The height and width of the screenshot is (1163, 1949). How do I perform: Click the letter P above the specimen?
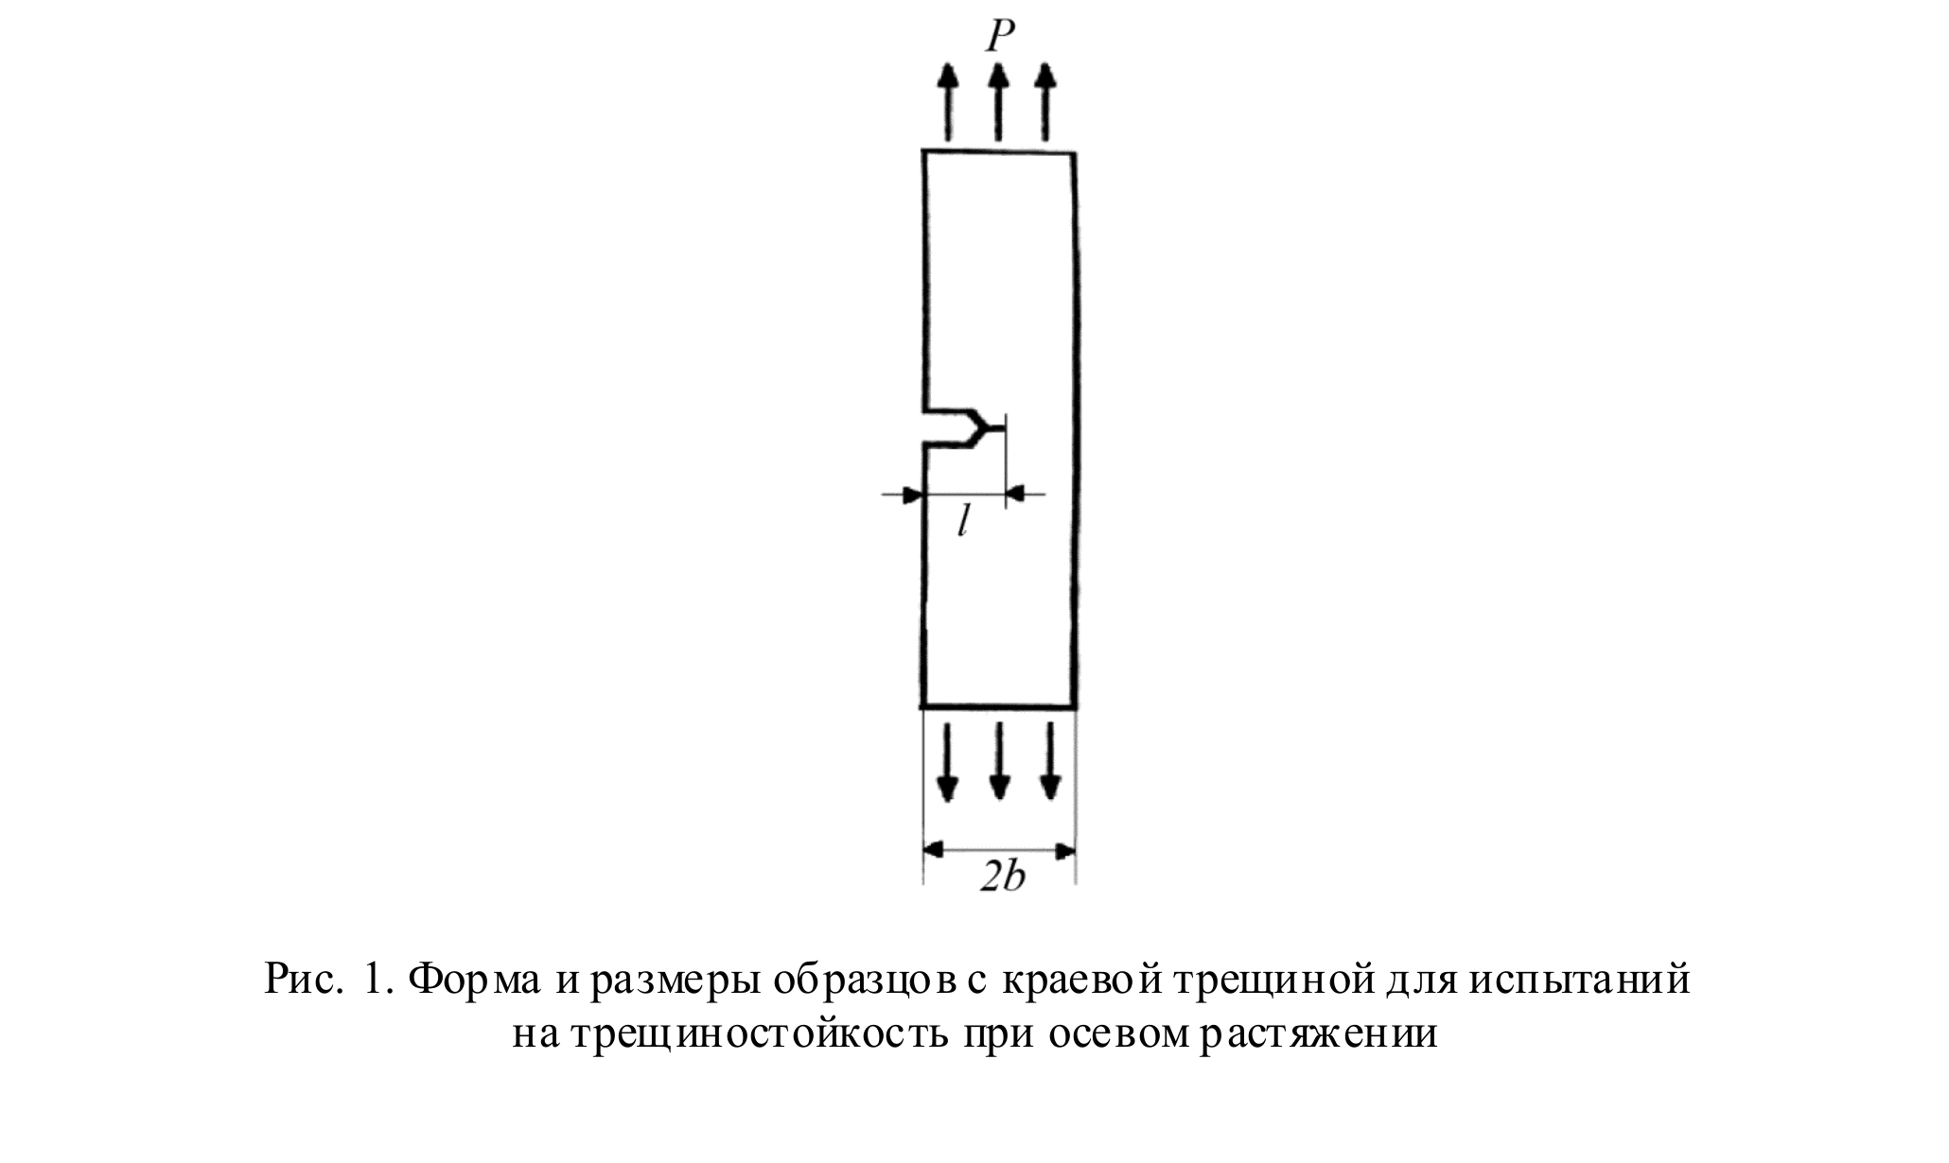click(x=999, y=36)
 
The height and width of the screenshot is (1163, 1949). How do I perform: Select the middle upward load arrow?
click(x=996, y=101)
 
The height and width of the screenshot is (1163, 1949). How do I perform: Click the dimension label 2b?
click(x=1002, y=877)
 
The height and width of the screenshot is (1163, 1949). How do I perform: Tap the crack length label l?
click(x=962, y=521)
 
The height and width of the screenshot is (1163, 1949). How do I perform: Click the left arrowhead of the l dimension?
click(x=912, y=494)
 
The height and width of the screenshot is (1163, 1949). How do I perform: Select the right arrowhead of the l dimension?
click(x=1016, y=494)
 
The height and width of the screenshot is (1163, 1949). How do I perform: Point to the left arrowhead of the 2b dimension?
click(x=935, y=851)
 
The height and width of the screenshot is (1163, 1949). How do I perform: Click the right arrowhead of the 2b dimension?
click(x=1064, y=851)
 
